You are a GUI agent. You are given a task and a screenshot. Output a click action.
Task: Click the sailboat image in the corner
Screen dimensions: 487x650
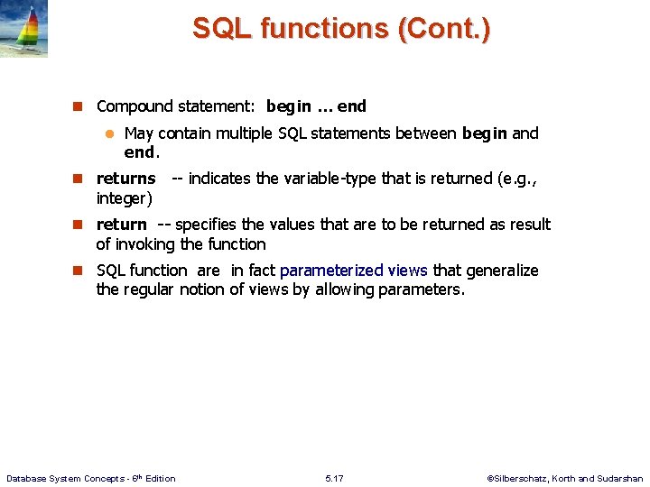point(23,29)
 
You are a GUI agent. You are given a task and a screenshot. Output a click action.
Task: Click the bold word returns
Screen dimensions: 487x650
point(125,179)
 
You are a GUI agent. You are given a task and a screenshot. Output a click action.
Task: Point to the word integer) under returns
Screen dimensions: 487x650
point(124,198)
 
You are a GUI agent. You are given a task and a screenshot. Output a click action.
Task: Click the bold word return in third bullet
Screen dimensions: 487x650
point(121,225)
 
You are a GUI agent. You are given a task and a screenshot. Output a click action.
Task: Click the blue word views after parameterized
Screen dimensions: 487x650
point(407,271)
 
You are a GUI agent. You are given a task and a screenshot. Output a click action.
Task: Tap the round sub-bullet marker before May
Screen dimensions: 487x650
point(107,133)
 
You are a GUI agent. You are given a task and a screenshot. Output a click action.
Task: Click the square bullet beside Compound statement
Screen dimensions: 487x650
point(78,106)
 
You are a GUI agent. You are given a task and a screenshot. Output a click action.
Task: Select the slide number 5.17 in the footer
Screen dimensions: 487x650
point(335,478)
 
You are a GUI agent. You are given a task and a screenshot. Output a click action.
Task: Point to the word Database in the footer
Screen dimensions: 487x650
point(27,478)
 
